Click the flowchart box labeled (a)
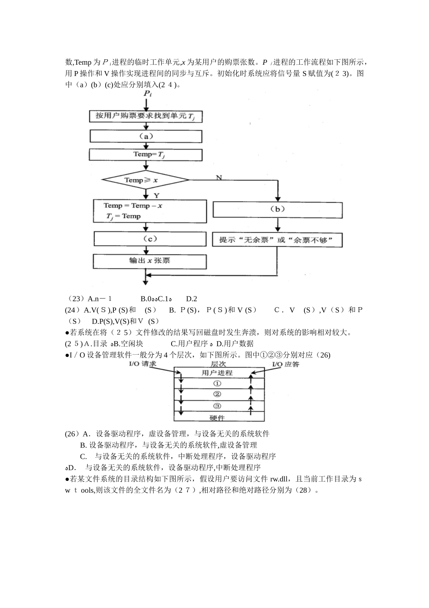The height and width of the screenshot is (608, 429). coord(146,136)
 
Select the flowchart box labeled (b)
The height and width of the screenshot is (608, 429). coord(277,209)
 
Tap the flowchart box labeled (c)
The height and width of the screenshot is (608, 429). coord(149,239)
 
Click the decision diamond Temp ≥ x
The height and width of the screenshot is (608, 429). coord(146,180)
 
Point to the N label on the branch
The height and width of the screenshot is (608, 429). coord(219,178)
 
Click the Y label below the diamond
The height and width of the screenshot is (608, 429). coord(156,195)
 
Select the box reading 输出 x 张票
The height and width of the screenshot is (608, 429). coord(149,261)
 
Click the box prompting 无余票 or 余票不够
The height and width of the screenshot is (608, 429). coord(277,240)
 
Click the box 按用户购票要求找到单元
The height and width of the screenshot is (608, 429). coord(145,116)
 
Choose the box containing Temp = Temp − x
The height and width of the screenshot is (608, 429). coord(149,211)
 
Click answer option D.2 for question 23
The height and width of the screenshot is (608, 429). coord(191,299)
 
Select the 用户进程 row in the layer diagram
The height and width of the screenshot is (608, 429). coord(217,373)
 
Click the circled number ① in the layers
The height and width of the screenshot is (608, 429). coord(217,384)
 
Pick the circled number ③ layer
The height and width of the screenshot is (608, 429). coord(217,406)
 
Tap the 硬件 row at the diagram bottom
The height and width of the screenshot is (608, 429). coord(217,417)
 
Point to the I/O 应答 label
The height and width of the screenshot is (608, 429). coord(285,364)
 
